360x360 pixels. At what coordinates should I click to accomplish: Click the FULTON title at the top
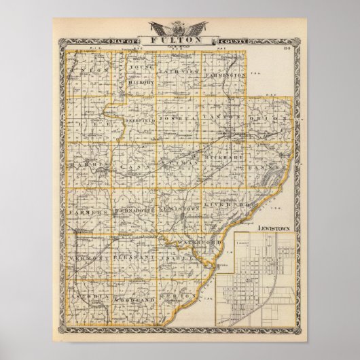click(181, 40)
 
